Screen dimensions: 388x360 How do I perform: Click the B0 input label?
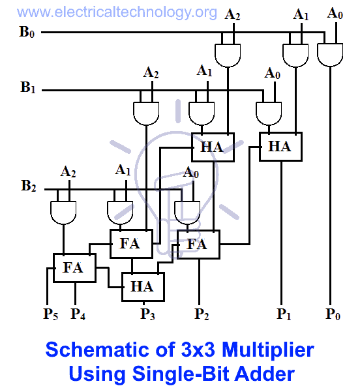pos(27,31)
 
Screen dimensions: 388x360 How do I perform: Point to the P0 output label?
pos(333,314)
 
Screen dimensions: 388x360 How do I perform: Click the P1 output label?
pos(283,314)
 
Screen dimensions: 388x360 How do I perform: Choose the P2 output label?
pos(202,314)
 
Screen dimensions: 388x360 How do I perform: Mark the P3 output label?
pos(148,314)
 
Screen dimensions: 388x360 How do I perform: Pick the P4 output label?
pos(78,314)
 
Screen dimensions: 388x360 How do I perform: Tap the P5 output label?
pos(51,314)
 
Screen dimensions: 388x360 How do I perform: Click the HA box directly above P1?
pos(279,147)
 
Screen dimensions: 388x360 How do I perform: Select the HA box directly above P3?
pos(142,286)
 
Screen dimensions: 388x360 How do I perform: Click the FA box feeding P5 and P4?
pos(74,267)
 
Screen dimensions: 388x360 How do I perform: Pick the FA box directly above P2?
pos(198,245)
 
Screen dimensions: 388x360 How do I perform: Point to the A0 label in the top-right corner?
pos(335,13)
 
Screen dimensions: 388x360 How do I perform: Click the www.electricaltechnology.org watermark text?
pos(110,12)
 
